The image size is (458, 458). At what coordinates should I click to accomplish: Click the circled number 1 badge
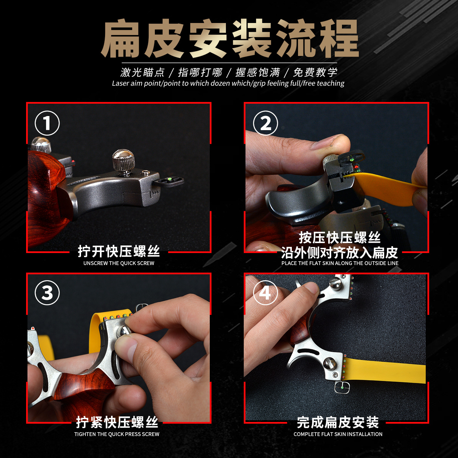(47, 123)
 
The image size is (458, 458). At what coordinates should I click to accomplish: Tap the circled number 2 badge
(265, 123)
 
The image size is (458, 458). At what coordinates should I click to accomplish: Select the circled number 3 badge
(47, 293)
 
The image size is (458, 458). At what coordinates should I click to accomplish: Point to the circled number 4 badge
(265, 293)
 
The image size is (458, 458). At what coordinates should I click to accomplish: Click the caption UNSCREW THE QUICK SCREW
(118, 263)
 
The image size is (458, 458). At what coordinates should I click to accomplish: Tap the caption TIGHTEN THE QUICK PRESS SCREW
(117, 434)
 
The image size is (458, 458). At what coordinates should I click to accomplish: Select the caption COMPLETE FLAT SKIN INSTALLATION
(338, 434)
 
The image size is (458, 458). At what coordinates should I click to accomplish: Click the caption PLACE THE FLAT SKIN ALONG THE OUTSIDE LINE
(340, 263)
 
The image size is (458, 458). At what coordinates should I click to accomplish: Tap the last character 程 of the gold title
(339, 39)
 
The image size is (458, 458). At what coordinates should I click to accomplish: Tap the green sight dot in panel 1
(170, 179)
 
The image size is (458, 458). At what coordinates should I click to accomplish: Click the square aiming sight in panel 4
(342, 388)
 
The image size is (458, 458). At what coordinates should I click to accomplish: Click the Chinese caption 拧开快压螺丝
(118, 251)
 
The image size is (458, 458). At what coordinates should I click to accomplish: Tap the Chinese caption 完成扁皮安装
(338, 422)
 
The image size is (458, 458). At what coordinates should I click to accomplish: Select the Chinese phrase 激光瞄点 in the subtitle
(142, 72)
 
